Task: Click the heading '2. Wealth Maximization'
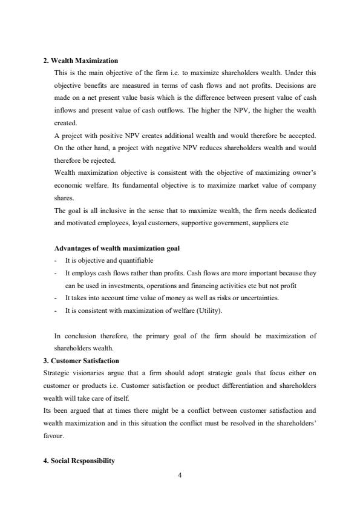(80, 61)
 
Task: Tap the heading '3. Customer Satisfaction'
(81, 361)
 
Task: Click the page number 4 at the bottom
(180, 475)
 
